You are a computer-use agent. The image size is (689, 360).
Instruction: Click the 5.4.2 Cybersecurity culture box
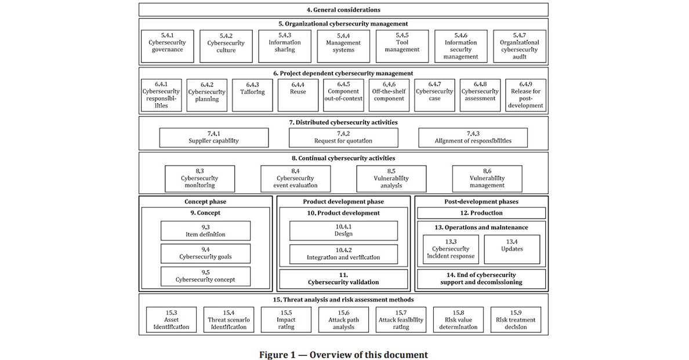click(226, 46)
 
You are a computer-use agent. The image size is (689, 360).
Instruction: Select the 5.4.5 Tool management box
click(402, 46)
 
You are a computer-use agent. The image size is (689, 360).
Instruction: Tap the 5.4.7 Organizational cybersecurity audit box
click(520, 46)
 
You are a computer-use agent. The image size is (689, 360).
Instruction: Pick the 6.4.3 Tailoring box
click(253, 95)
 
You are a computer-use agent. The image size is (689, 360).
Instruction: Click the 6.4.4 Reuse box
click(298, 95)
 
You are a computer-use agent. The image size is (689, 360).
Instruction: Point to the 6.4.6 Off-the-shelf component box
click(389, 95)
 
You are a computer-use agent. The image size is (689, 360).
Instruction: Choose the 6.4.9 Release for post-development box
click(525, 95)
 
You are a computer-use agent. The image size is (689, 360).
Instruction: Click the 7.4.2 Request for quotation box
click(343, 137)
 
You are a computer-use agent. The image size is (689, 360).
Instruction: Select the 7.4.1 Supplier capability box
click(213, 137)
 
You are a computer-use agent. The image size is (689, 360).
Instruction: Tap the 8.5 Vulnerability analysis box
click(391, 179)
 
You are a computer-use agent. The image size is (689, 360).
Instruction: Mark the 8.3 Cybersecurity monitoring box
click(200, 179)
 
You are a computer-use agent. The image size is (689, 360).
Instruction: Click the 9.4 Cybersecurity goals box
click(205, 253)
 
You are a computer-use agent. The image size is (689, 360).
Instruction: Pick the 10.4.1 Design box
click(343, 231)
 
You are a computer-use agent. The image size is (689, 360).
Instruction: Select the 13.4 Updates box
click(512, 249)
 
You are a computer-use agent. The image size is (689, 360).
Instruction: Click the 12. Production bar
click(481, 213)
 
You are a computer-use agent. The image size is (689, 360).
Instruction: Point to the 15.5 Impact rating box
click(286, 319)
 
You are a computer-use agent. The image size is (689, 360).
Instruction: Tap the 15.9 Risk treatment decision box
click(516, 319)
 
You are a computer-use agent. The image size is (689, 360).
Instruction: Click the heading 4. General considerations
click(343, 10)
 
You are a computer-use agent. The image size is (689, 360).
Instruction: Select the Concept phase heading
click(205, 202)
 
